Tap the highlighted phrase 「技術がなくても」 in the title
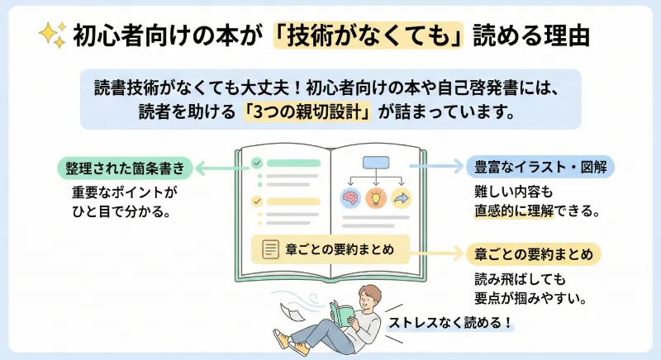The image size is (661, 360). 382,36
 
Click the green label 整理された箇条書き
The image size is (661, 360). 130,168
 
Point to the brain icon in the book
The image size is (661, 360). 350,198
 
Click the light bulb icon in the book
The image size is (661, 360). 376,198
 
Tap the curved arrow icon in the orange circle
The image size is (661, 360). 402,198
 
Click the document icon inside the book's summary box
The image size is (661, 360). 269,249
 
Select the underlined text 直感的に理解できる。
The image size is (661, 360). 530,211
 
